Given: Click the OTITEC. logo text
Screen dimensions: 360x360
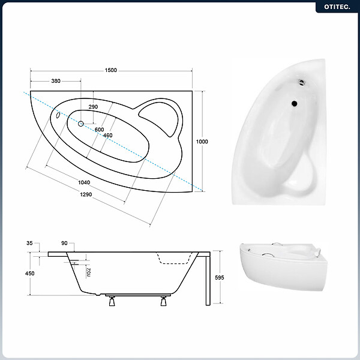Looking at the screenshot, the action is [337, 7].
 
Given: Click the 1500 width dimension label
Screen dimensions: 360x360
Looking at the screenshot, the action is [110, 70].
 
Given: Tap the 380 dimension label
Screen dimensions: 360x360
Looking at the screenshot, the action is [56, 81].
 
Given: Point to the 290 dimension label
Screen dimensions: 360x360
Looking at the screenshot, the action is [93, 107].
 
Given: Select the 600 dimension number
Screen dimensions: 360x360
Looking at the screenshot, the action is [99, 130].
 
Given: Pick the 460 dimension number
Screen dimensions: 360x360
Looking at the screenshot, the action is [107, 136].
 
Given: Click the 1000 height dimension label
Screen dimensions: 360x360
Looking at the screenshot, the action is [202, 142].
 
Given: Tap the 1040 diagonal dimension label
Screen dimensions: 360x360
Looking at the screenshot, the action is [84, 182].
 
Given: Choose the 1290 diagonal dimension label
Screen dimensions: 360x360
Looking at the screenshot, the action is [86, 194].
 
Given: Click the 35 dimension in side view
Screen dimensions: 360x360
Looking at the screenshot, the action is [29, 243].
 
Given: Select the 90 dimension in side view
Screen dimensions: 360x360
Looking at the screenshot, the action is [64, 243].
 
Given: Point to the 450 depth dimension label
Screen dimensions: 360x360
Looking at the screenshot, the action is [30, 274].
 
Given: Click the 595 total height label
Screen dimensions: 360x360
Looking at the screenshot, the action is [219, 278].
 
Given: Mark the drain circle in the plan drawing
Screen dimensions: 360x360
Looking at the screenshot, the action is [80, 124].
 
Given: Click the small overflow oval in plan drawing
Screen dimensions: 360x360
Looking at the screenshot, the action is [58, 115].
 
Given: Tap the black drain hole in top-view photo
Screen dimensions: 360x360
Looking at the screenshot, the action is [295, 104].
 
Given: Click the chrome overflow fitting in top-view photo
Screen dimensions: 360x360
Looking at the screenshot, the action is [302, 82].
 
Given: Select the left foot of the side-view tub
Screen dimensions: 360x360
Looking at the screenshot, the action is [112, 301].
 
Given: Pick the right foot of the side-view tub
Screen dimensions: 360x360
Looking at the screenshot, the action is [163, 301].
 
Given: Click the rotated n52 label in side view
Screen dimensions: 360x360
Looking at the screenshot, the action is [89, 272].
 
